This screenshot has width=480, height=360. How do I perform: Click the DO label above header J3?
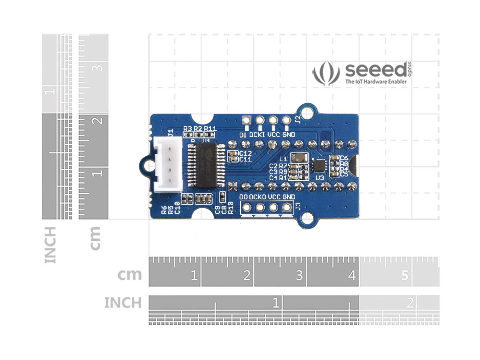click(243, 197)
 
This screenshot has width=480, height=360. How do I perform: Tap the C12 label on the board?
click(245, 153)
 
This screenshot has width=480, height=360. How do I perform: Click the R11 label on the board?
click(210, 129)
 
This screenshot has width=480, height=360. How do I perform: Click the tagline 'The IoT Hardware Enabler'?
click(376, 82)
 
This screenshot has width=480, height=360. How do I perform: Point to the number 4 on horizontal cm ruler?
click(352, 275)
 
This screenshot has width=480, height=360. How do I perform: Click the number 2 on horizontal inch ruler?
click(410, 303)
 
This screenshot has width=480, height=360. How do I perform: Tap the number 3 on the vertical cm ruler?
click(98, 68)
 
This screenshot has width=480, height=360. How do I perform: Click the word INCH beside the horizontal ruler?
click(123, 303)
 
